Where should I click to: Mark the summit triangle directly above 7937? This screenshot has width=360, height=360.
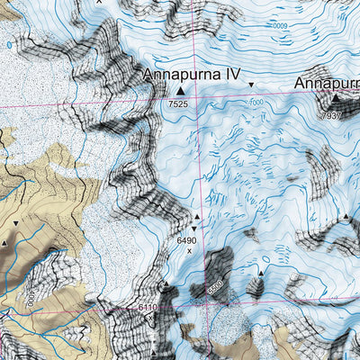pyautogui.click(x=335, y=100)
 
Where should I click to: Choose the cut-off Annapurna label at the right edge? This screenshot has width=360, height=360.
pyautogui.click(x=328, y=85)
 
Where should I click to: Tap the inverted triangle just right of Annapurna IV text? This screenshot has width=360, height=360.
pyautogui.click(x=251, y=85)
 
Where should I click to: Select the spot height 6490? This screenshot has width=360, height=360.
pyautogui.click(x=187, y=240)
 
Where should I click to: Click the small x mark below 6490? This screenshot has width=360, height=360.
pyautogui.click(x=189, y=251)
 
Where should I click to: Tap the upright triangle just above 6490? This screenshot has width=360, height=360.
pyautogui.click(x=197, y=217)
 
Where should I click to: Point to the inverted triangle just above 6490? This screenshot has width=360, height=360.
pyautogui.click(x=193, y=229)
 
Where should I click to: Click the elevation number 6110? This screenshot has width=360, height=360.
pyautogui.click(x=148, y=308)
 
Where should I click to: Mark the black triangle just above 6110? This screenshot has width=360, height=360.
pyautogui.click(x=165, y=284)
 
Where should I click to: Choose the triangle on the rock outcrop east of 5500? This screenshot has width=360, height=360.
pyautogui.click(x=261, y=271)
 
